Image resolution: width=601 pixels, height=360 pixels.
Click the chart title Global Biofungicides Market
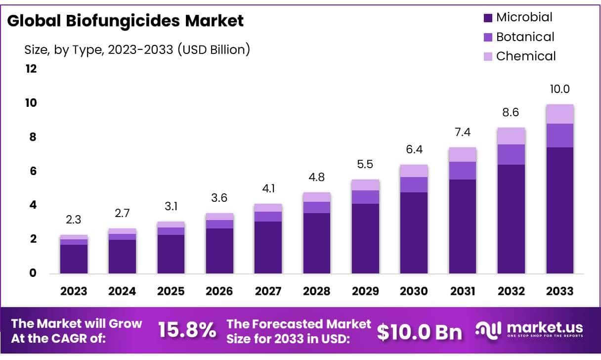click(x=126, y=21)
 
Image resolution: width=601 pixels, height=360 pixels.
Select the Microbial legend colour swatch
click(x=488, y=18)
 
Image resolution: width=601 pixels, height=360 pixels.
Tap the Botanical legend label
click(x=525, y=37)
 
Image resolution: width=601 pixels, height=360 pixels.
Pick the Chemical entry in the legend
click(x=526, y=56)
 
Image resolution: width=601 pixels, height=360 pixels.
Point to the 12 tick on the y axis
click(x=31, y=69)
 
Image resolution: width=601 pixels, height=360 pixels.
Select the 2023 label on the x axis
click(x=74, y=291)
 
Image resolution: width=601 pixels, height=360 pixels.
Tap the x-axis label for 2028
click(x=317, y=291)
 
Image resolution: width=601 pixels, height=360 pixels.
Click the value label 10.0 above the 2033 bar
click(x=559, y=90)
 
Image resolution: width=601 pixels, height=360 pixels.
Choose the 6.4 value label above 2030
click(x=414, y=150)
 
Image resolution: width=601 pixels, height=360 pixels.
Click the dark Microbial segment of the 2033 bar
click(x=559, y=210)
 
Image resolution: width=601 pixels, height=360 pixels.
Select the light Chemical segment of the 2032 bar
click(x=511, y=136)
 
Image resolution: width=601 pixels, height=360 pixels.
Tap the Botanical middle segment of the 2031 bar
click(x=463, y=171)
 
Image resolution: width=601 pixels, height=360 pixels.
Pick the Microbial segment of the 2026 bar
click(x=219, y=251)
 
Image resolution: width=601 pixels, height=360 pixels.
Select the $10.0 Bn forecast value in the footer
click(x=420, y=332)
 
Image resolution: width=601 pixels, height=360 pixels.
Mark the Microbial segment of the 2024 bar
click(x=122, y=257)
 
